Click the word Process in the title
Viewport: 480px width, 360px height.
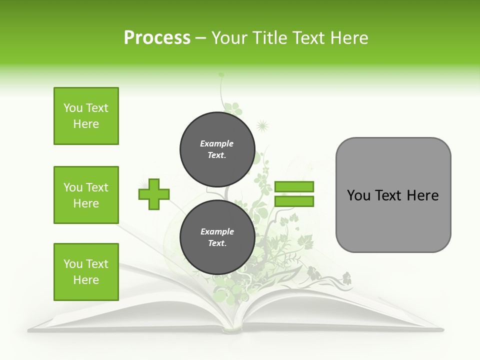pos(157,37)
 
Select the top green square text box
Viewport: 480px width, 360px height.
pos(86,116)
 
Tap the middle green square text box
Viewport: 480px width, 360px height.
pos(86,195)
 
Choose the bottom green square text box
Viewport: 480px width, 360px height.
pos(86,272)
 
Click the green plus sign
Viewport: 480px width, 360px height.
pos(154,194)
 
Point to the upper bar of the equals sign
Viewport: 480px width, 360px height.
pos(294,187)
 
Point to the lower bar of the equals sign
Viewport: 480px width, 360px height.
pos(294,201)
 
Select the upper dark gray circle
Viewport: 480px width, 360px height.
pos(217,149)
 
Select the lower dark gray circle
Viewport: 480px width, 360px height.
pos(217,237)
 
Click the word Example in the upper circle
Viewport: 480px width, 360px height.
pos(217,143)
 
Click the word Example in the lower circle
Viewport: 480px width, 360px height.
pos(217,231)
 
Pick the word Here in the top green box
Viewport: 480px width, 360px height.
pos(86,124)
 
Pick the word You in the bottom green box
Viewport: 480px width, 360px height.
pos(73,264)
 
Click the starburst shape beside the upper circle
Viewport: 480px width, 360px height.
pos(262,126)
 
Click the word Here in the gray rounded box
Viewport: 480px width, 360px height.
pos(422,195)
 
